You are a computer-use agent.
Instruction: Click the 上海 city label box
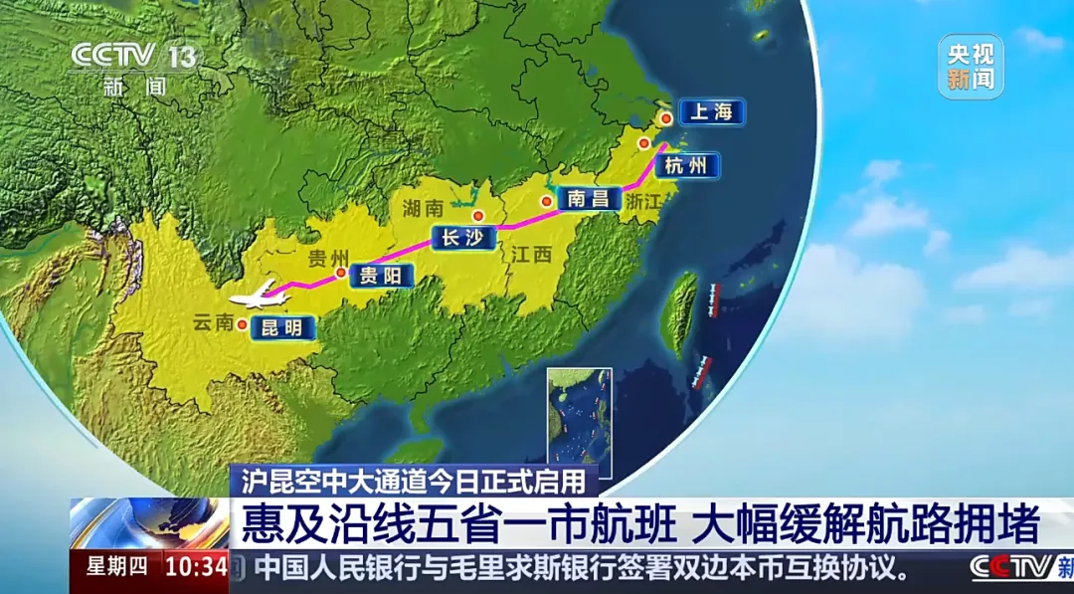[x=711, y=111]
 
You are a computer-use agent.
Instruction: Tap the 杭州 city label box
[x=685, y=165]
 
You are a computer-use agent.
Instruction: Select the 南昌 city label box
[x=587, y=198]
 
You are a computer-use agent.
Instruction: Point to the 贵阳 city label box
[x=380, y=275]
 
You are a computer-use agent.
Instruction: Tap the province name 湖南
[x=423, y=208]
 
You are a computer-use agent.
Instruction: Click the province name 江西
[x=530, y=256]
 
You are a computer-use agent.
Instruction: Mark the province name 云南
[x=213, y=321]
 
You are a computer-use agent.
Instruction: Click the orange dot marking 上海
[x=665, y=118]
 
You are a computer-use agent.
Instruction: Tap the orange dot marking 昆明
[x=242, y=322]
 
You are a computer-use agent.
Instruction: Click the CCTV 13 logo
[x=135, y=57]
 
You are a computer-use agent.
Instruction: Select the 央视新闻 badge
[x=970, y=67]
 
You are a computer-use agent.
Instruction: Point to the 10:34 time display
[x=195, y=568]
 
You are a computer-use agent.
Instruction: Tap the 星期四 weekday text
[x=116, y=568]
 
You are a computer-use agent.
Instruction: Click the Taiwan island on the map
[x=684, y=312]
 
